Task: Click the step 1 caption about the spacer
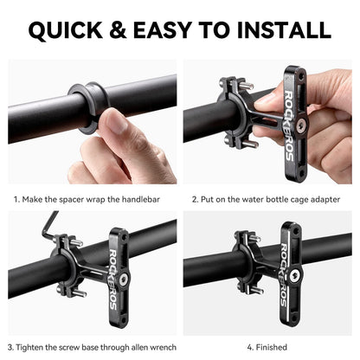pos(93,199)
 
